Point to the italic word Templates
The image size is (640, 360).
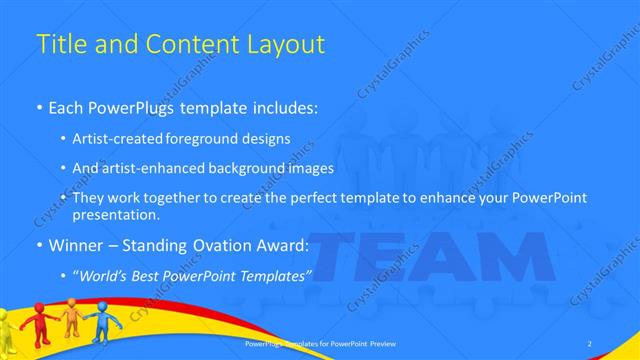pyautogui.click(x=277, y=274)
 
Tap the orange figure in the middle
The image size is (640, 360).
pyautogui.click(x=71, y=317)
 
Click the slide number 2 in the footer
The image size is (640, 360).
pyautogui.click(x=589, y=344)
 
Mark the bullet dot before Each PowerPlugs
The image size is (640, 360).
pyautogui.click(x=39, y=107)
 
